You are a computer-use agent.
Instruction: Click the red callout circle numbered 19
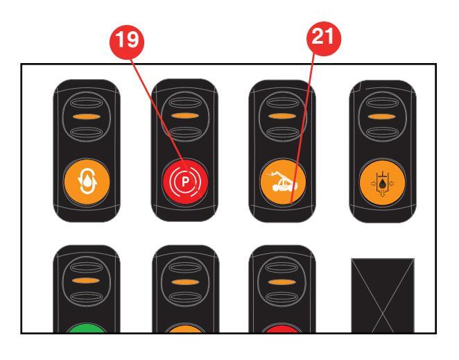127,42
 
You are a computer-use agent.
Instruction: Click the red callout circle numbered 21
324,38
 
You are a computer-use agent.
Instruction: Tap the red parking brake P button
185,182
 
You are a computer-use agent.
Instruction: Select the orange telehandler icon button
283,182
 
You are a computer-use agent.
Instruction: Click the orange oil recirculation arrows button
87,182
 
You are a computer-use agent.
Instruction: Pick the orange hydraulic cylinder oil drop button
383,183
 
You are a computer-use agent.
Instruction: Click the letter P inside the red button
185,182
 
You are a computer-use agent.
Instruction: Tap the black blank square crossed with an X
383,295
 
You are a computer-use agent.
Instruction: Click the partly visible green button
87,328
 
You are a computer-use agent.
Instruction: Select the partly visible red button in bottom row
282,329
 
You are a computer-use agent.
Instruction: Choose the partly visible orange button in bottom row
185,329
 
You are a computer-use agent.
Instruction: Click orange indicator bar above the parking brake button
185,116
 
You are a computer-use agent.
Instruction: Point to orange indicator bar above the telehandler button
282,116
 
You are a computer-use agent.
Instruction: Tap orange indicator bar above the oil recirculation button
87,117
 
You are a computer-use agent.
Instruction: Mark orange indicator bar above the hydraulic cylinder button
382,117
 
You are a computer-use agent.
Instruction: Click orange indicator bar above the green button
87,281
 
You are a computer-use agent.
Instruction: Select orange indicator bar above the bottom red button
282,282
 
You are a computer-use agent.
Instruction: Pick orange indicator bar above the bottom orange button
185,282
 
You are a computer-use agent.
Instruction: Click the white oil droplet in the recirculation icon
87,182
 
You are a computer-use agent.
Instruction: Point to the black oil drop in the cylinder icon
382,184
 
